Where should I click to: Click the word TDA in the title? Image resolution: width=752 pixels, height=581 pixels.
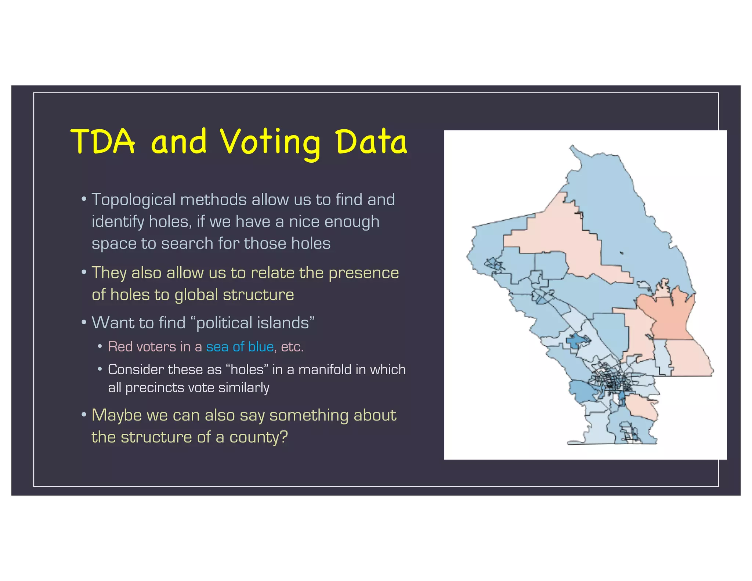[x=102, y=141]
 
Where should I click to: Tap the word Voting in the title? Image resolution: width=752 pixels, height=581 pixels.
[x=270, y=143]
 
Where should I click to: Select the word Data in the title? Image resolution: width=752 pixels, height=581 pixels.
[x=371, y=141]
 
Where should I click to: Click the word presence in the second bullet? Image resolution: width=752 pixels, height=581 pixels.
[x=363, y=273]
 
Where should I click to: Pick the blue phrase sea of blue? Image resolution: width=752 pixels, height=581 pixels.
[x=240, y=347]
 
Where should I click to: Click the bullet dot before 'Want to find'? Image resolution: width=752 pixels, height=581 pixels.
[x=84, y=323]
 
